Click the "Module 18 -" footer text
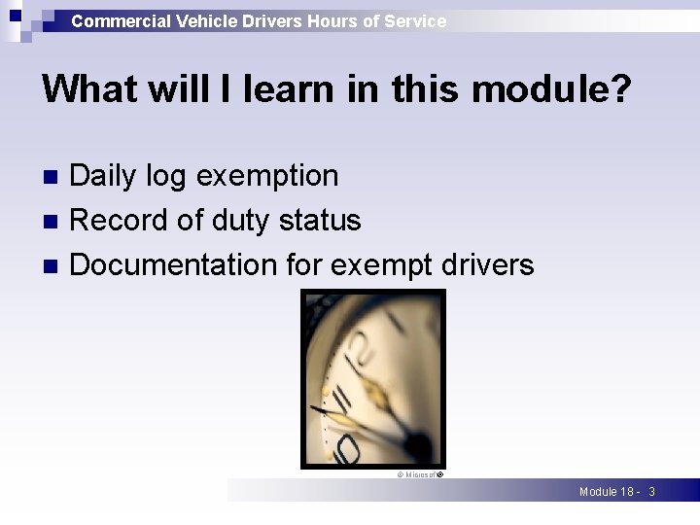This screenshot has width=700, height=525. click(x=609, y=492)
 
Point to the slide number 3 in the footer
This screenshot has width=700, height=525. click(x=651, y=492)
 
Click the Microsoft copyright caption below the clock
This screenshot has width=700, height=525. click(x=419, y=475)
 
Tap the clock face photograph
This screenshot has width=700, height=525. click(x=372, y=379)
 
